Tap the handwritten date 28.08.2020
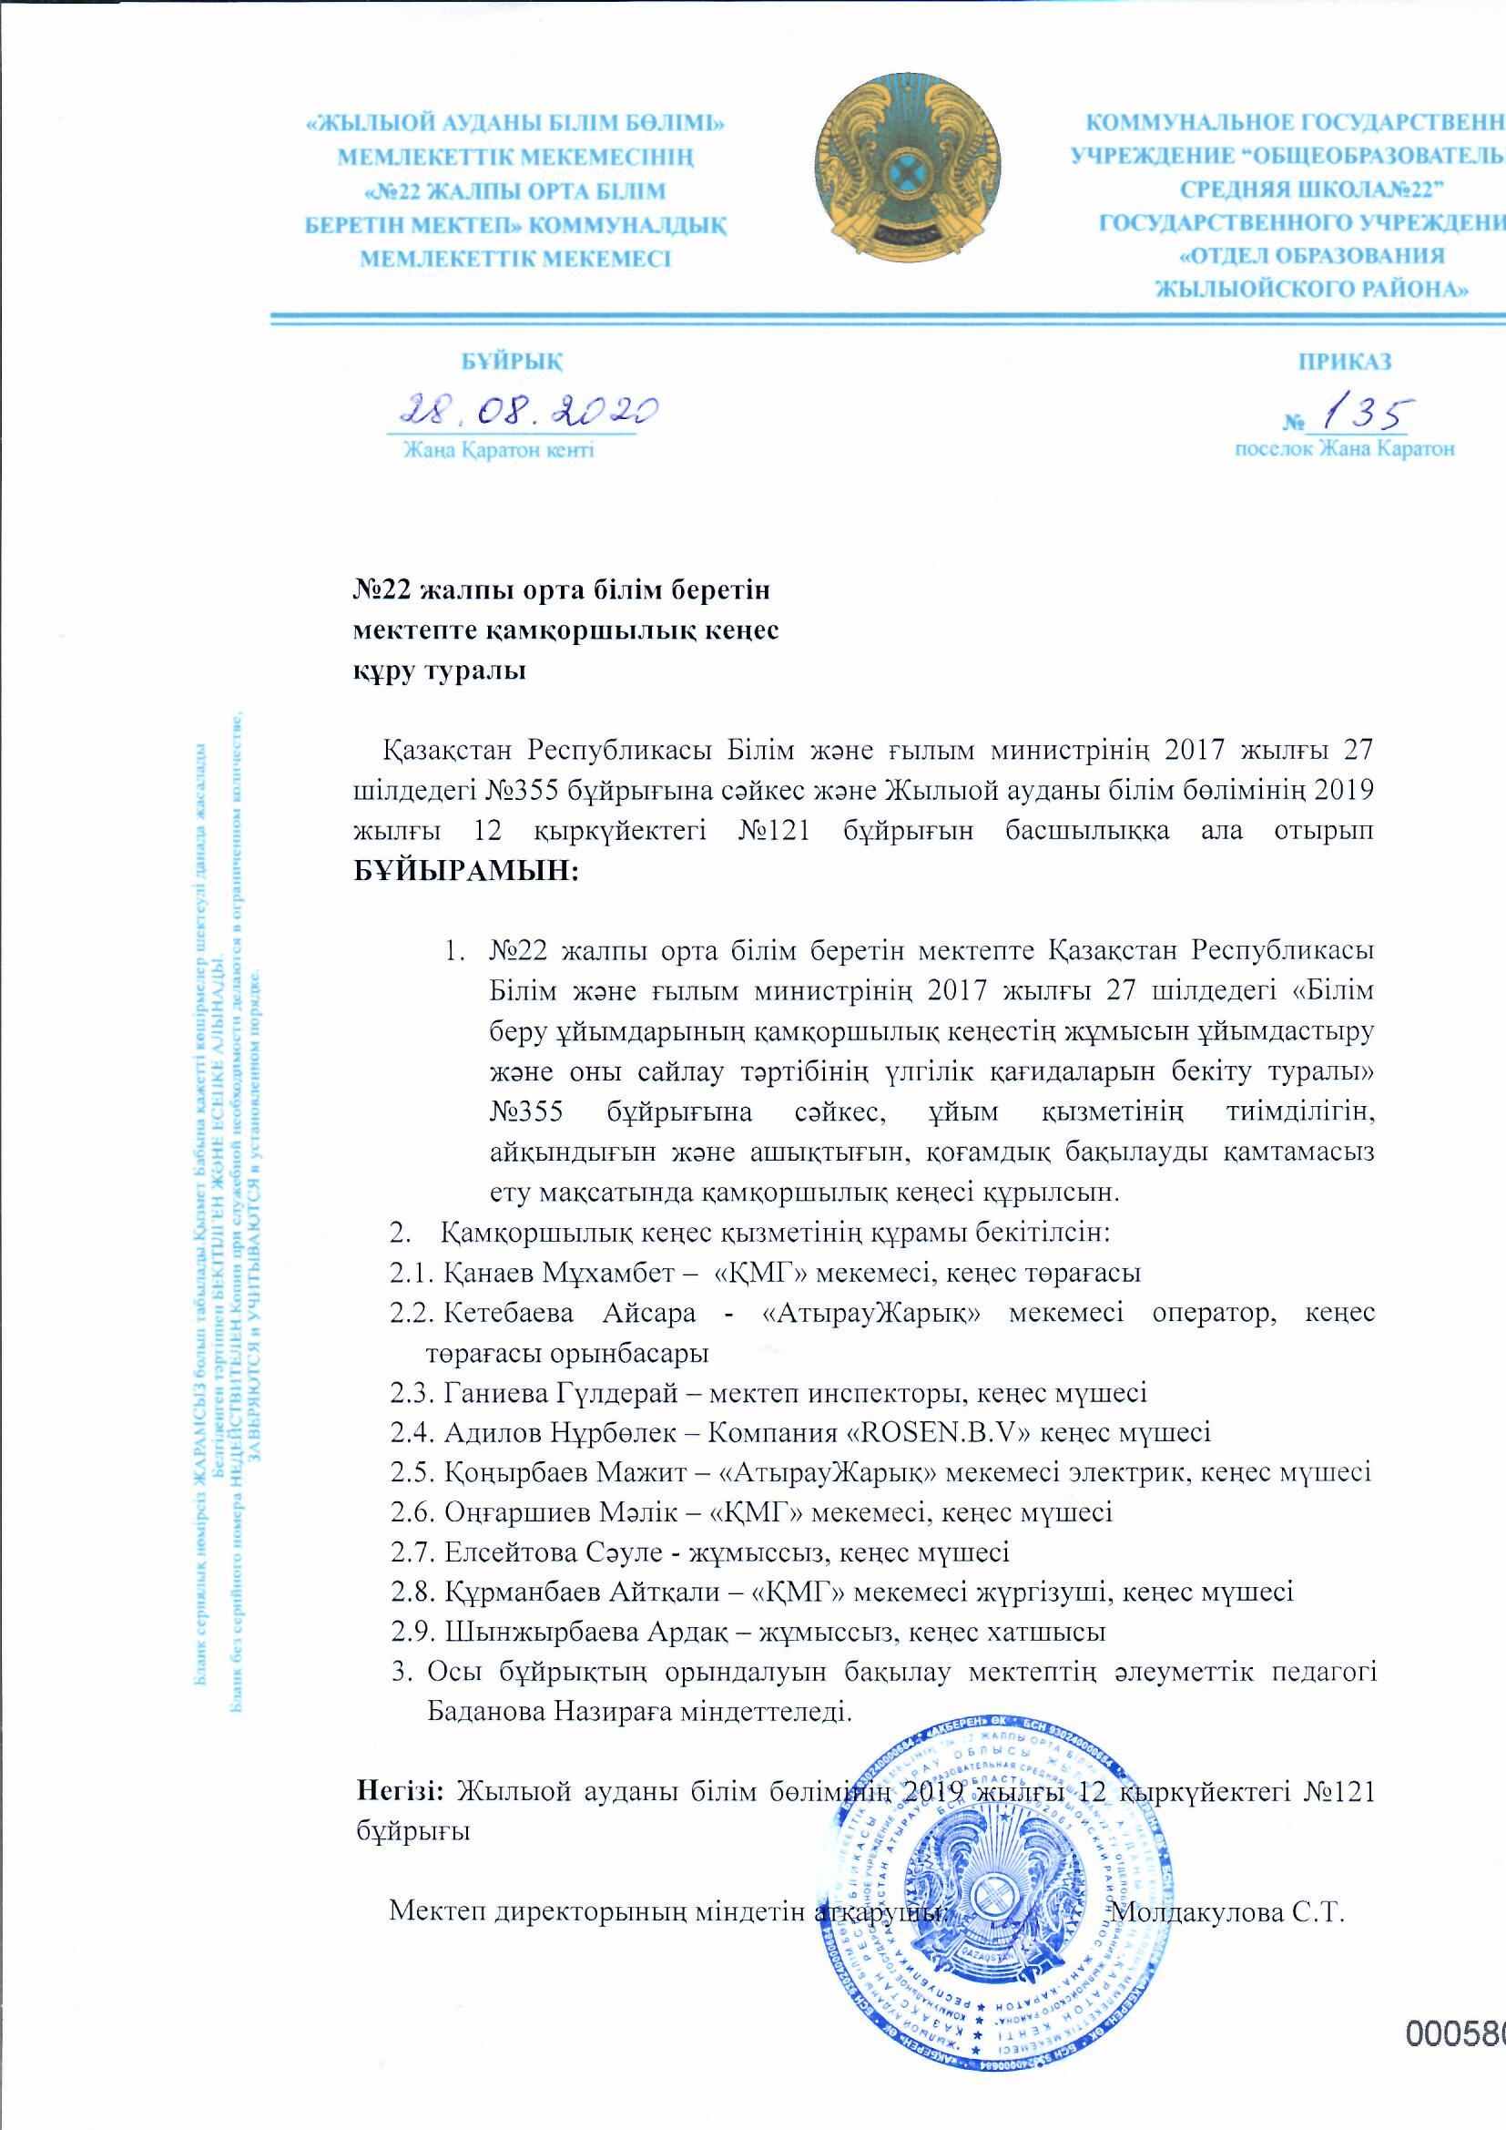coord(526,409)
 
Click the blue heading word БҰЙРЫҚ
coord(512,361)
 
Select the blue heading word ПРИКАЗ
coord(1345,361)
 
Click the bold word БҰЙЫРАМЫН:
coord(466,871)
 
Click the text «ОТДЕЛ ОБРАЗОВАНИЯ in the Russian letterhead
coord(1311,255)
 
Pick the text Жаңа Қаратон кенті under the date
coord(498,451)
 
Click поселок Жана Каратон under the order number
coord(1344,450)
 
